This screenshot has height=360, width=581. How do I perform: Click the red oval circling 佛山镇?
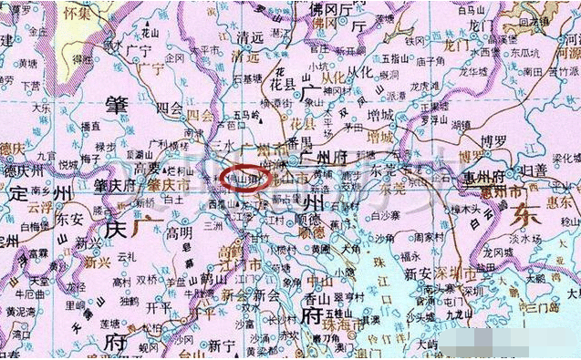coord(244,175)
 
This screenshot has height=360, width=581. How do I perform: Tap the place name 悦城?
coord(67,166)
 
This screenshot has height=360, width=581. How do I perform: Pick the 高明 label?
coord(179,232)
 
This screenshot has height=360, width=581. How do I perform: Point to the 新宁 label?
coord(221,345)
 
